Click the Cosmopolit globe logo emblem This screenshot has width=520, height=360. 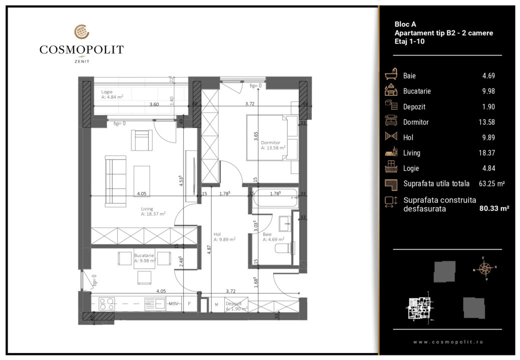[82, 32]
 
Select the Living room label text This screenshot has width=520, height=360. [147, 209]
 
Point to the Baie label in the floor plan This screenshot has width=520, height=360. [267, 233]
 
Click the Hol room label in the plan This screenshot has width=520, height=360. [217, 233]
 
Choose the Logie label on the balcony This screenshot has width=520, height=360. [107, 92]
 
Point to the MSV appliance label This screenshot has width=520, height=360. [174, 303]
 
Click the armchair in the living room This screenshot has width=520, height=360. [142, 139]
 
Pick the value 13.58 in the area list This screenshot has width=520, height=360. [488, 122]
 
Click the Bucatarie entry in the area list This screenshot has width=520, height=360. [417, 91]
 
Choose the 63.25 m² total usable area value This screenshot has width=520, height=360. [491, 184]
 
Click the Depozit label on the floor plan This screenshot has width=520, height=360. [234, 303]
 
